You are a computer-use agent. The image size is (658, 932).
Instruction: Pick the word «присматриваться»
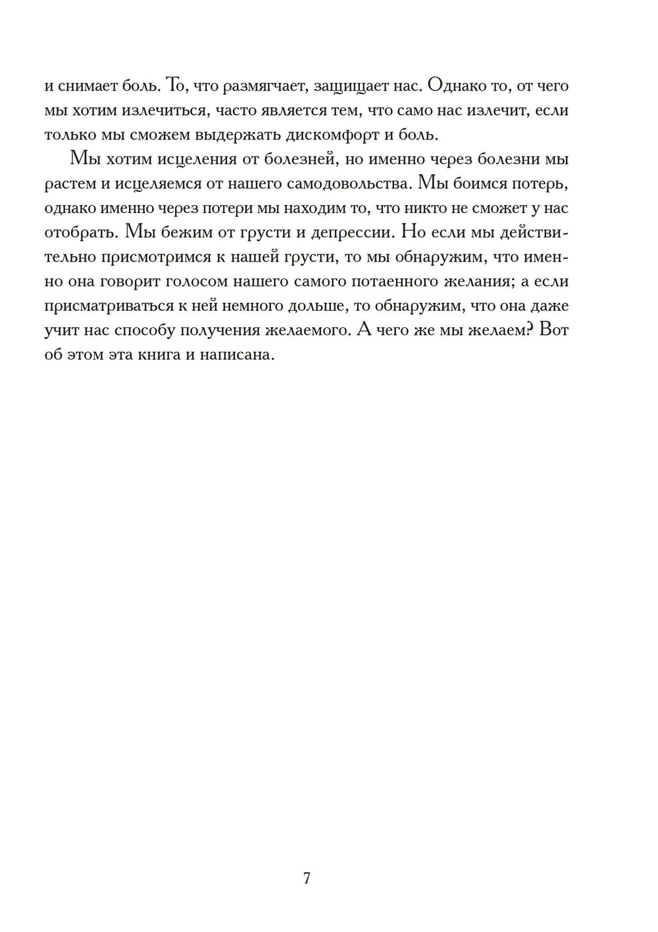(x=111, y=307)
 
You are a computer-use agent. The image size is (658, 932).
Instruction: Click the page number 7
(x=307, y=879)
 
